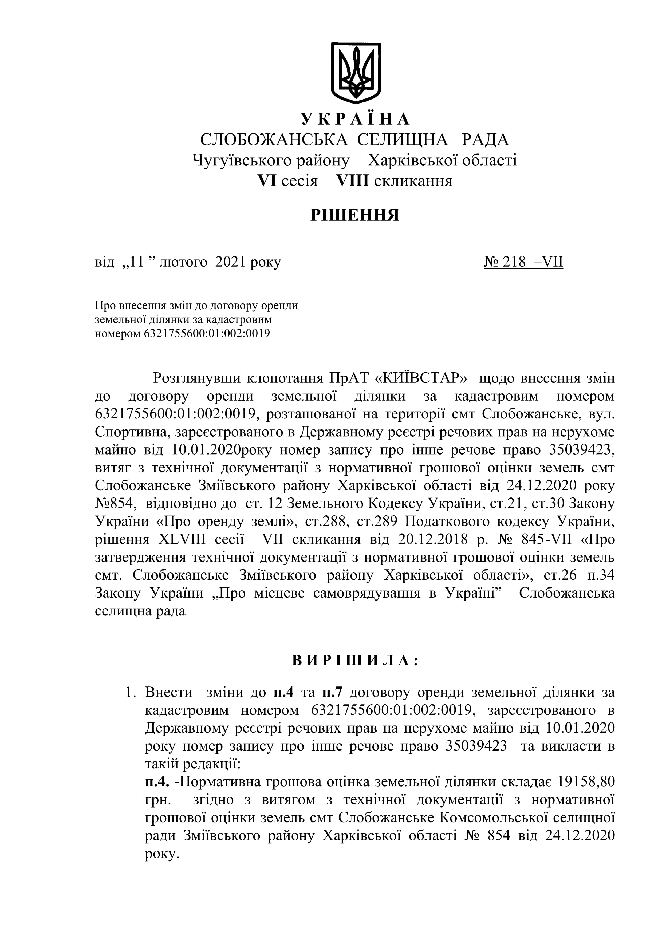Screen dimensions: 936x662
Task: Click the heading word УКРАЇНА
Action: coord(356,119)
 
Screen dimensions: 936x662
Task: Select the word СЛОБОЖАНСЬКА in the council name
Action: coord(274,140)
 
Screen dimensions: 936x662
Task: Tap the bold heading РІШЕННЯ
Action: coord(355,215)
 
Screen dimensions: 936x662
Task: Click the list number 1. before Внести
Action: coord(131,693)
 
